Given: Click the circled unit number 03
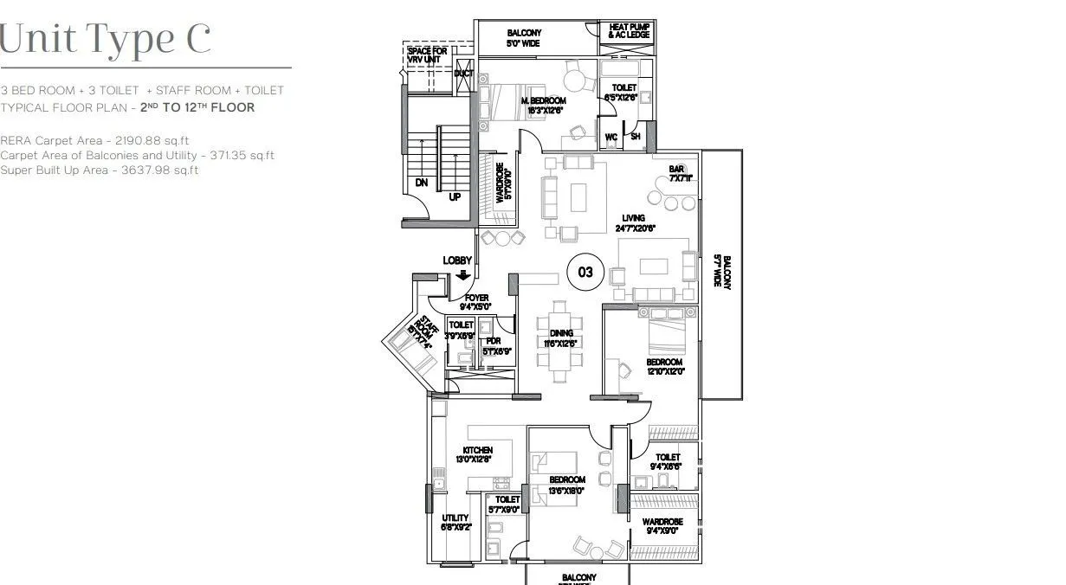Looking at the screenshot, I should point(585,272).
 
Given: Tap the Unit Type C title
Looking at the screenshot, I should point(106,40).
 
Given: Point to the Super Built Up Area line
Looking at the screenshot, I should point(100,170).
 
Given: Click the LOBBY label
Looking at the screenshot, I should point(457,260).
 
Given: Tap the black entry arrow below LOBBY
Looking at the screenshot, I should point(463,275).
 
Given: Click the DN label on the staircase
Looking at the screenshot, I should point(421,183).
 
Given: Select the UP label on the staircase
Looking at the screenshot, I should point(455,196).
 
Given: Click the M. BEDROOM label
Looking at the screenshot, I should point(543,101).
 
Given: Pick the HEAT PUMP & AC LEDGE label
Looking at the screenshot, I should point(629,30).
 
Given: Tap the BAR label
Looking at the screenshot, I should point(676,169).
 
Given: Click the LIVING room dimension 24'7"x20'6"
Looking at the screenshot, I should point(636,228).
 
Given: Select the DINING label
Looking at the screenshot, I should point(561,333).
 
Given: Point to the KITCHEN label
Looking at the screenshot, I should point(477,450).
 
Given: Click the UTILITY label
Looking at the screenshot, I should point(455,517).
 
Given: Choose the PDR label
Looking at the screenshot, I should point(493,342).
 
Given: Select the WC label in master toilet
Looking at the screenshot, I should point(611,137).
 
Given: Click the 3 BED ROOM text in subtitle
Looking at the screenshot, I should point(36,90).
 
